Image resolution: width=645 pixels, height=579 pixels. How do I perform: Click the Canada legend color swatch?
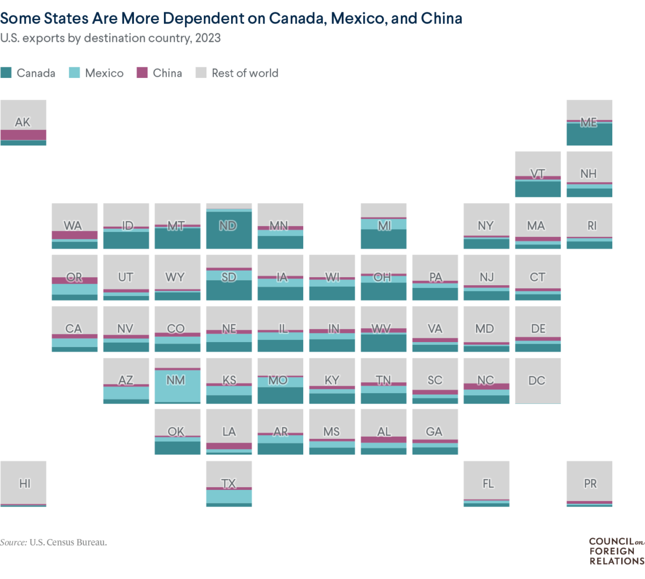point(6,73)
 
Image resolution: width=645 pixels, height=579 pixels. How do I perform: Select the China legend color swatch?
point(142,73)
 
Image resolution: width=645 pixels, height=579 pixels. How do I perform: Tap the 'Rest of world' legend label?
point(245,73)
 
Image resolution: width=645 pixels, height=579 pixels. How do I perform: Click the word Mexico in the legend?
point(104,73)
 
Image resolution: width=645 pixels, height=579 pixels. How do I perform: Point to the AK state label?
point(23,122)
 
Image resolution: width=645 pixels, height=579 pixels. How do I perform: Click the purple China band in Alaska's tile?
point(23,135)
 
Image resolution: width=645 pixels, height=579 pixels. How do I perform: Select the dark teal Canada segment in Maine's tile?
point(589,135)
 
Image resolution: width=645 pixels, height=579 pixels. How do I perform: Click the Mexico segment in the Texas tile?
point(229,496)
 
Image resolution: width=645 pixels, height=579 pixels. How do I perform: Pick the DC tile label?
point(537,380)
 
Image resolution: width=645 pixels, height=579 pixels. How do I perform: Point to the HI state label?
point(25,483)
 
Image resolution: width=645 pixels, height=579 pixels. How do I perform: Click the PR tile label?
point(590,483)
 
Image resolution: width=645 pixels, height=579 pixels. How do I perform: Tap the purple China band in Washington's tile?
point(75,235)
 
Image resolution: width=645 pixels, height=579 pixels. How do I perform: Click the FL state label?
point(488,483)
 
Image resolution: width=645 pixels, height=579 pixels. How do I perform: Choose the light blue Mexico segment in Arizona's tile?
point(126,393)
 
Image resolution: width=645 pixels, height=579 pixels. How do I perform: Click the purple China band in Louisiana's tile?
point(229,446)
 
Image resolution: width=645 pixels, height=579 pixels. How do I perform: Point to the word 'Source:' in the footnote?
point(13,542)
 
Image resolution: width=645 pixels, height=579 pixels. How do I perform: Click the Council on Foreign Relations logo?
point(616,551)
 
